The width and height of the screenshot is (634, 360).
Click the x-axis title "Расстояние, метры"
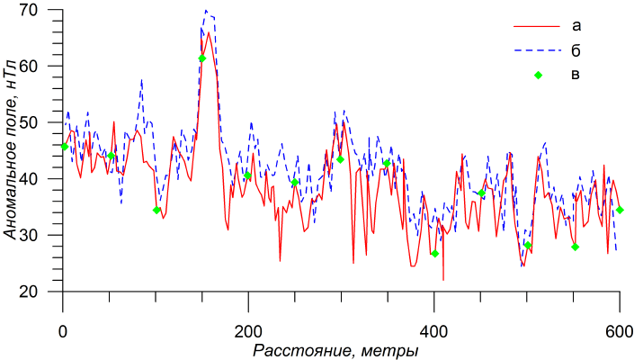pyautogui.click(x=335, y=348)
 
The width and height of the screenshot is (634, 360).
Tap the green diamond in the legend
pyautogui.click(x=539, y=75)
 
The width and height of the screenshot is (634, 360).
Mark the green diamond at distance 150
pyautogui.click(x=202, y=58)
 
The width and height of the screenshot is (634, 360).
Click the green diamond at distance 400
pyautogui.click(x=435, y=254)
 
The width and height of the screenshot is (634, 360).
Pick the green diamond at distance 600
pyautogui.click(x=620, y=211)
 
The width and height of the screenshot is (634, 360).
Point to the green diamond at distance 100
pyautogui.click(x=156, y=211)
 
